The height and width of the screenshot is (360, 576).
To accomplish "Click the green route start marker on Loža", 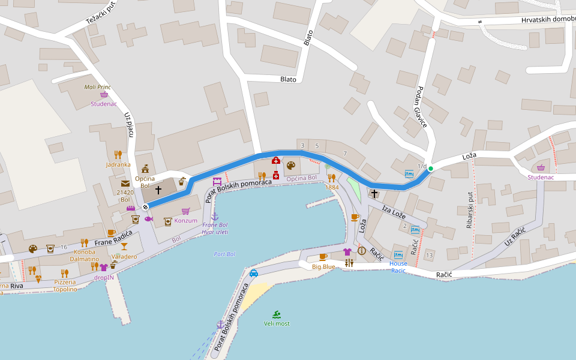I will point(430,169).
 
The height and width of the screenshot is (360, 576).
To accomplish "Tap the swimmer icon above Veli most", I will point(276,314).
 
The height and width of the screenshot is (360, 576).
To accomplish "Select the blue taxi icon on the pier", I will point(254,273).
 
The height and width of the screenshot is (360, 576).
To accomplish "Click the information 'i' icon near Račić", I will point(362,251).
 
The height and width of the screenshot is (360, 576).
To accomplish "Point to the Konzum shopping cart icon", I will point(185,211).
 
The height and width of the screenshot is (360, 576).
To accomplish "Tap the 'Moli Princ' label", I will point(98,87).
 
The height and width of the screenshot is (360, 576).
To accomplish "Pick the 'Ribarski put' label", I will point(470,210).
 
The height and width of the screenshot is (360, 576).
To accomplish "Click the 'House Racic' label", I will point(398,267).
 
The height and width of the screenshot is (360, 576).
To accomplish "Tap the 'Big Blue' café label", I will point(323,266).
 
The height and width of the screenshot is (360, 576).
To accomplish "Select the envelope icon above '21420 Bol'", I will point(125,183).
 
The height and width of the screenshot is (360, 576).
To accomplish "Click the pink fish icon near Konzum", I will point(149,219).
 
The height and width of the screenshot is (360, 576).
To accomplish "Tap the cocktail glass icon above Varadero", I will point(124,246).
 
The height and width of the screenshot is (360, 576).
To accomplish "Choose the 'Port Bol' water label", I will point(224,254).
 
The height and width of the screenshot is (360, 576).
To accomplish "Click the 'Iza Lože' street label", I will point(394,211).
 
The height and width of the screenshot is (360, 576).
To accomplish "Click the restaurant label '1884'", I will point(332,187).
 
